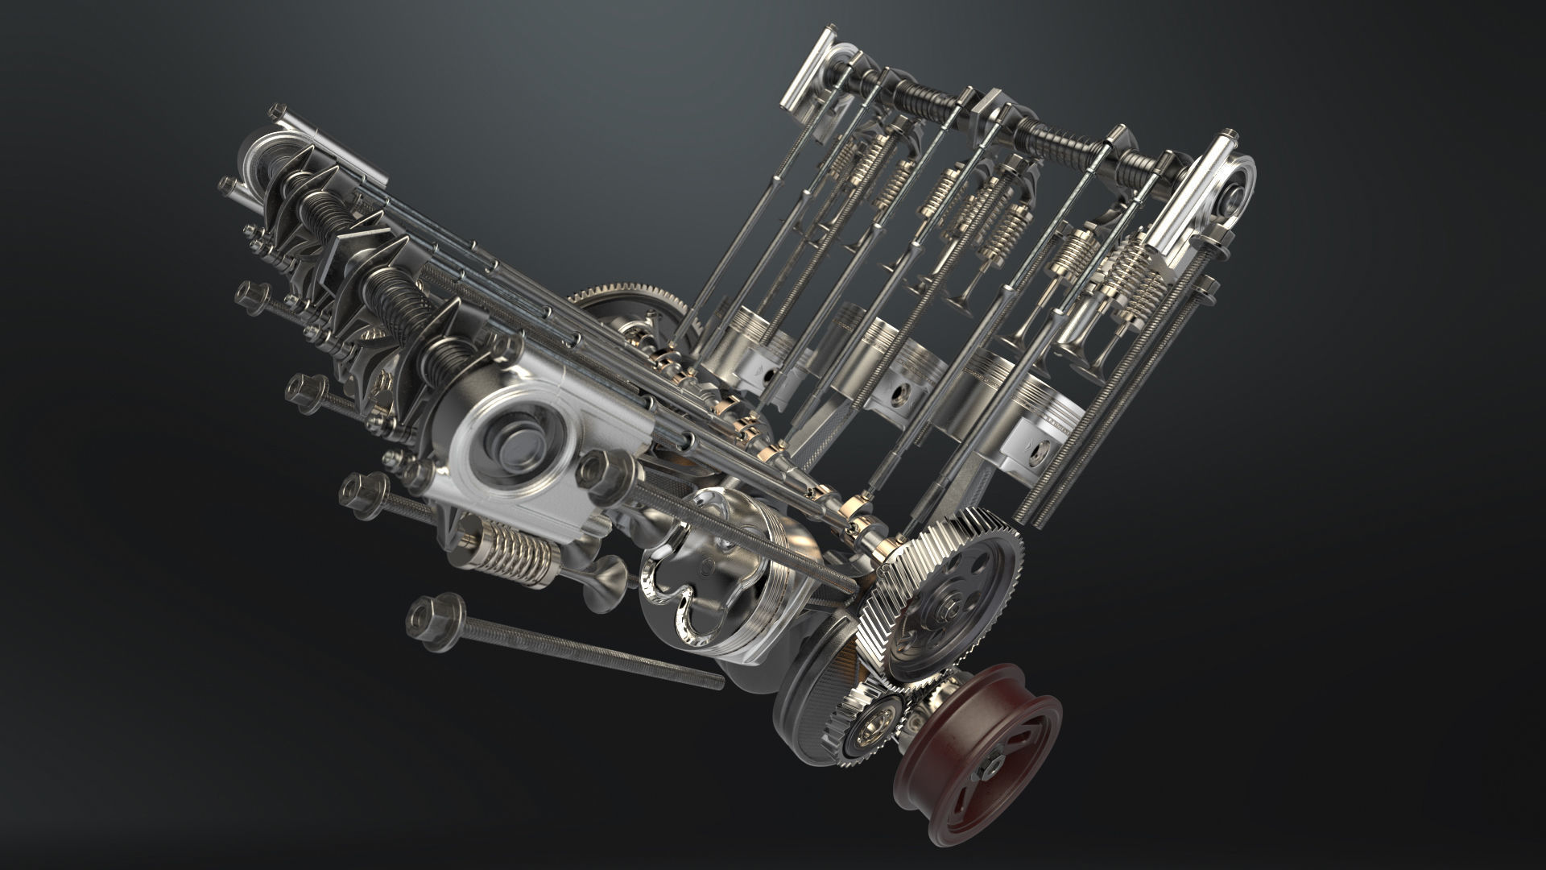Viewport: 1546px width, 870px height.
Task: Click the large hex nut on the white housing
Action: (x=597, y=470)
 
